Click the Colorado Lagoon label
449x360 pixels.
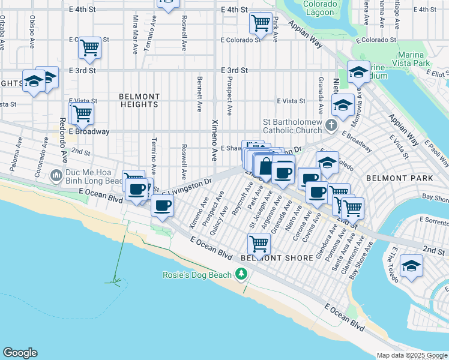(319, 8)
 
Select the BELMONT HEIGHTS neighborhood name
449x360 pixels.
(139, 100)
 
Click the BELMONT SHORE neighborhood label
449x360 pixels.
(276, 258)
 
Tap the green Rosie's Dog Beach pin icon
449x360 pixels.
(241, 274)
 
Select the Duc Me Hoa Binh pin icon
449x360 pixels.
(56, 175)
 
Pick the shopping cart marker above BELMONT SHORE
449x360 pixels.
(259, 243)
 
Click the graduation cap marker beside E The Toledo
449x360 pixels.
(411, 265)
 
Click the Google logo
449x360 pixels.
(20, 353)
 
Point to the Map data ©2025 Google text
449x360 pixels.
(412, 355)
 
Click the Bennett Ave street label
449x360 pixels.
(198, 93)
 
